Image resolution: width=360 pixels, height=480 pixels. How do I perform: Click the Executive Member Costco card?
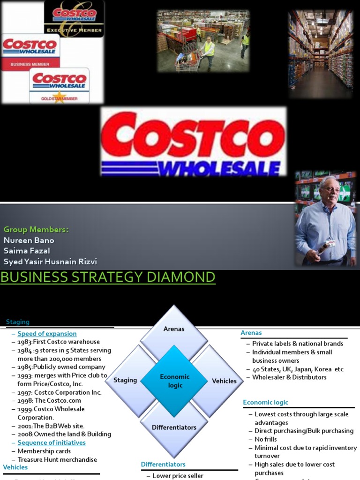[74, 19]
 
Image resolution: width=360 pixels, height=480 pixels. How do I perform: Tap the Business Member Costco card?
[30, 52]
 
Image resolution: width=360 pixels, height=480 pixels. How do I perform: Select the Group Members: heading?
[36, 229]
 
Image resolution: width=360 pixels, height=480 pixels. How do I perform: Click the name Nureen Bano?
[29, 240]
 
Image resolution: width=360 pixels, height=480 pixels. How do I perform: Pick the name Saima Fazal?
[27, 251]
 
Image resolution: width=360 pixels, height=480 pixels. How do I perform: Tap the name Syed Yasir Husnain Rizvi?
[50, 262]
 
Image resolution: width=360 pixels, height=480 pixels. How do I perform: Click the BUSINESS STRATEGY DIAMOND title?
[108, 277]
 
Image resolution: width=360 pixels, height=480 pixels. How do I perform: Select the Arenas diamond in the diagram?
[174, 329]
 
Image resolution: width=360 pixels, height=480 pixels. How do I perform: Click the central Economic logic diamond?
[174, 381]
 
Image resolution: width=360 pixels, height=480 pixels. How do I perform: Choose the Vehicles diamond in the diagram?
[224, 381]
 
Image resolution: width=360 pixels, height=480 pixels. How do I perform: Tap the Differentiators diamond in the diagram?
[174, 427]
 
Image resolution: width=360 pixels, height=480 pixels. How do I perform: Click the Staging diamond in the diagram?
[125, 380]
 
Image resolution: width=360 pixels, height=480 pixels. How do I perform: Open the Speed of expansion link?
[47, 334]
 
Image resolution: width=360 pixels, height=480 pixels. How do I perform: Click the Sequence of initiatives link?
[52, 442]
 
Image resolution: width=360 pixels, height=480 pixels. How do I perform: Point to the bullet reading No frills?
[265, 439]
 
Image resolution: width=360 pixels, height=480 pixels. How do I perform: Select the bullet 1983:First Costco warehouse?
[59, 342]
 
